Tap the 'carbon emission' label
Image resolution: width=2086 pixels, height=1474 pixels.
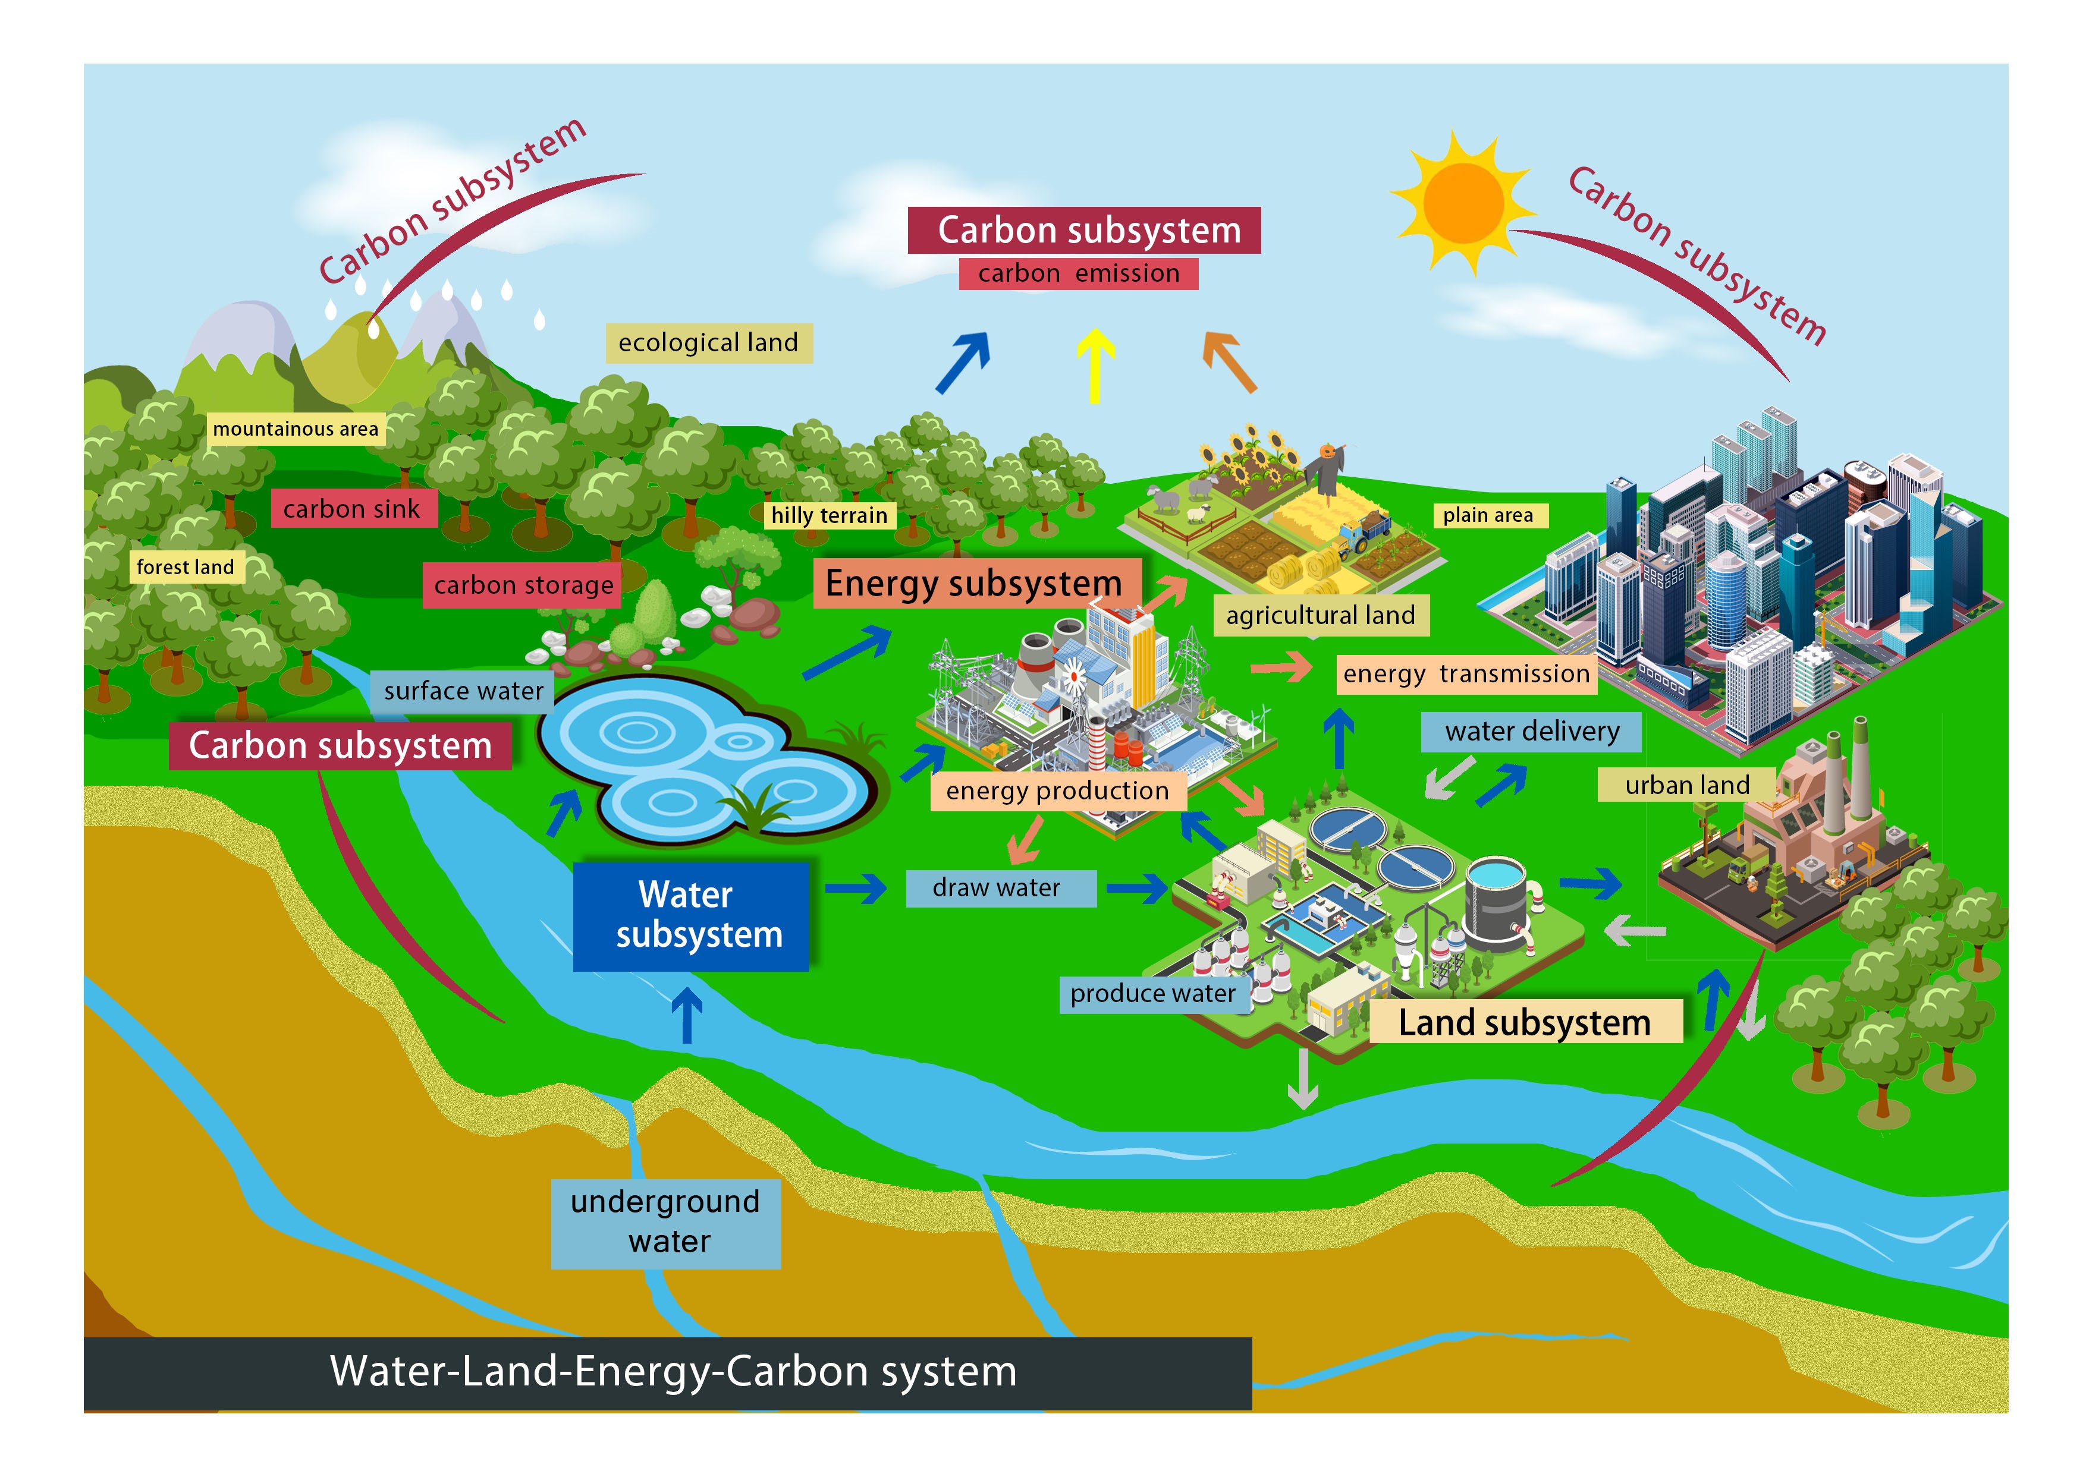(1079, 273)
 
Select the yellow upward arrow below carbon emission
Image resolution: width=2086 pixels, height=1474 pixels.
(1095, 363)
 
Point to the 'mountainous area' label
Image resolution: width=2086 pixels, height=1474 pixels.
(296, 429)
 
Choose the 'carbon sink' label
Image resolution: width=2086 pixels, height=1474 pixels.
(353, 509)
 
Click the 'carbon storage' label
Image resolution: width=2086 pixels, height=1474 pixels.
(523, 585)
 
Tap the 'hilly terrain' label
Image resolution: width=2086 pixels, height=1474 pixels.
(828, 515)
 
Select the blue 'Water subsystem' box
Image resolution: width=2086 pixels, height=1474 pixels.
(690, 915)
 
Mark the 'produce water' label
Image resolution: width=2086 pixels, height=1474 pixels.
(1152, 994)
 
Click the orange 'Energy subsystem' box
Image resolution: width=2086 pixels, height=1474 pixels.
(974, 583)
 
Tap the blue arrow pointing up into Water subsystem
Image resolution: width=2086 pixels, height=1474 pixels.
(686, 1015)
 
